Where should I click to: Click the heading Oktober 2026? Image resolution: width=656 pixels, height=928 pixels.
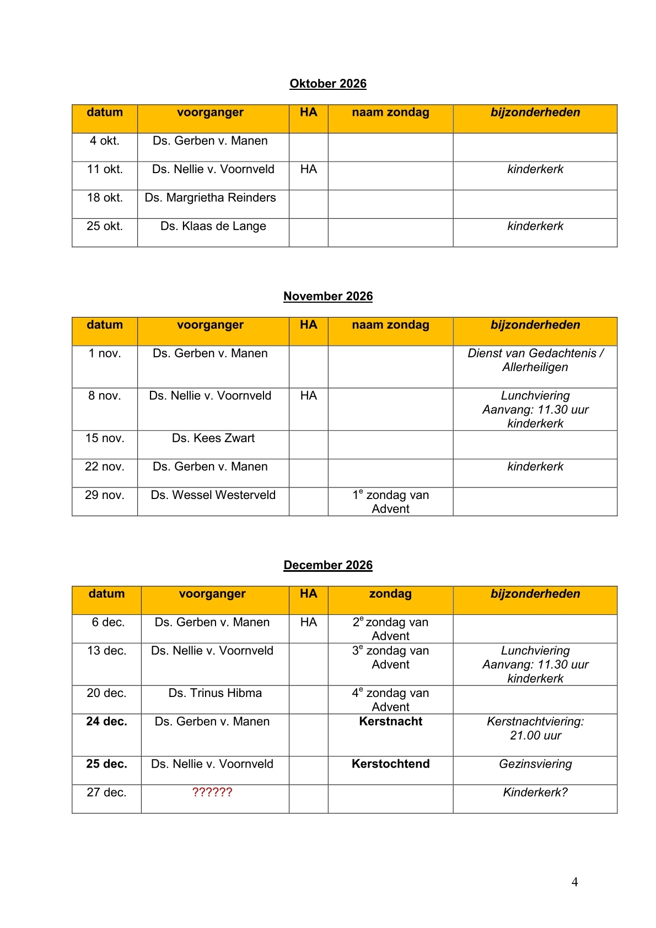tap(328, 84)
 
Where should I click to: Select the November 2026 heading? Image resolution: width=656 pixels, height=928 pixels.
tap(328, 297)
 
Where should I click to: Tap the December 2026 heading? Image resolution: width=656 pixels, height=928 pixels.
tap(328, 565)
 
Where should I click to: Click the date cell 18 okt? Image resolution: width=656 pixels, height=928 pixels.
tap(105, 198)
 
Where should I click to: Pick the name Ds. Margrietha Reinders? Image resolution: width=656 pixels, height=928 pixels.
tap(210, 198)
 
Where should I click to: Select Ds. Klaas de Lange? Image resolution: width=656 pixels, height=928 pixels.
tap(213, 227)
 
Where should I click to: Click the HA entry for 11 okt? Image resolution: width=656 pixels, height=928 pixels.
tap(308, 169)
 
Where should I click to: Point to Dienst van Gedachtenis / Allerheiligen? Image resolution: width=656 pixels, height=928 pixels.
tap(535, 360)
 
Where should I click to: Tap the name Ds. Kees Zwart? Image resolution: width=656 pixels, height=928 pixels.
tap(213, 438)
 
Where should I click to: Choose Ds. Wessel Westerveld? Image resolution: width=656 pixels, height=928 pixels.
tap(213, 495)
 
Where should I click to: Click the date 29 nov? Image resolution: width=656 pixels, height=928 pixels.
tap(105, 495)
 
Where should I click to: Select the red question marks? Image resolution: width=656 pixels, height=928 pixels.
tap(212, 792)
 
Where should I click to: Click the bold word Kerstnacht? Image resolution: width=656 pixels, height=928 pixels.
tap(390, 722)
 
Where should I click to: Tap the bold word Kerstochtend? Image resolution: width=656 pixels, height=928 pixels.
tap(390, 764)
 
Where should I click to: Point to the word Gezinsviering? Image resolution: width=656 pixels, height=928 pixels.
tap(535, 764)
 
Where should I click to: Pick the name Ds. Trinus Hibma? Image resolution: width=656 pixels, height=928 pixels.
tap(215, 693)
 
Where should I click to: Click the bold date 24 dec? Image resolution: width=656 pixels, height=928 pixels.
tap(106, 722)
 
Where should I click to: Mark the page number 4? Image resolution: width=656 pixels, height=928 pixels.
tap(574, 882)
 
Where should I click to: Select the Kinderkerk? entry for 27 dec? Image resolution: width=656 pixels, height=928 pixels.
tap(535, 792)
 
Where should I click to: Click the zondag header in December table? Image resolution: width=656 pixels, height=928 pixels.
tap(390, 594)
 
